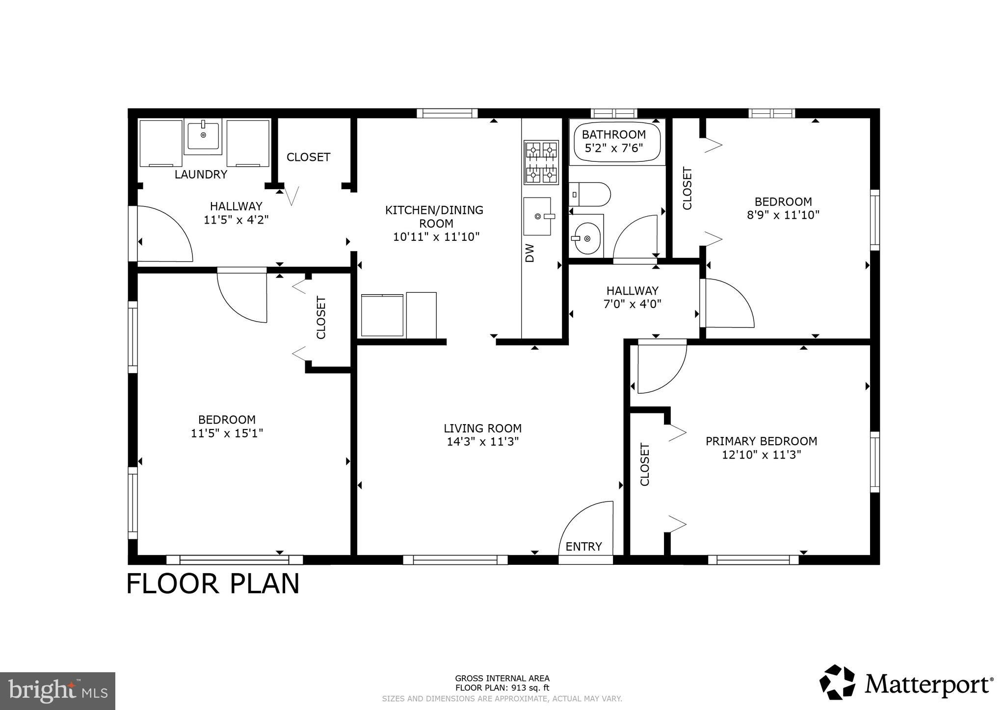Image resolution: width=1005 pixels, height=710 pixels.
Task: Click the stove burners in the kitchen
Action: click(541, 162)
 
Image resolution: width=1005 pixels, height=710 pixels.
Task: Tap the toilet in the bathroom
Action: click(590, 194)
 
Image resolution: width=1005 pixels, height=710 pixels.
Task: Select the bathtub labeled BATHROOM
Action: click(617, 142)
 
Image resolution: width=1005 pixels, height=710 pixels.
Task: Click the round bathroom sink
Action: click(587, 239)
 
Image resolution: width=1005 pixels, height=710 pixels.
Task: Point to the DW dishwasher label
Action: click(529, 253)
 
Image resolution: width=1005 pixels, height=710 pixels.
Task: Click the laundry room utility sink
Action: click(203, 136)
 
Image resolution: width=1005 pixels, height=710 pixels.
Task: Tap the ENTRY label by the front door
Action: click(583, 547)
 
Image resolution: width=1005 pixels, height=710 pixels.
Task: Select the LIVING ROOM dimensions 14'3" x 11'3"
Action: click(482, 442)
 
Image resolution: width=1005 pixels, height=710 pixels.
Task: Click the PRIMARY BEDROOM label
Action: click(761, 441)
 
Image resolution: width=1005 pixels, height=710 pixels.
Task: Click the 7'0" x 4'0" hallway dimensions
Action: click(632, 304)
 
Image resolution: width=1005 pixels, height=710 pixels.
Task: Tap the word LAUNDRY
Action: click(201, 175)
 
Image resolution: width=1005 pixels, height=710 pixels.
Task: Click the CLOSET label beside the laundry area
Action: click(308, 157)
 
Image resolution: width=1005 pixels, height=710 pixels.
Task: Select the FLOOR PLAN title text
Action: click(213, 584)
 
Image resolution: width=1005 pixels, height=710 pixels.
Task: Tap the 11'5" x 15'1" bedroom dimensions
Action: click(227, 433)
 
